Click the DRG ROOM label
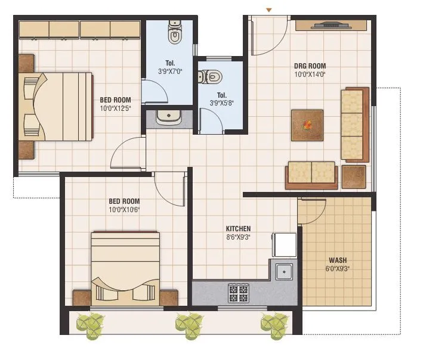pyautogui.click(x=310, y=66)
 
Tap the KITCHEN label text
pyautogui.click(x=238, y=228)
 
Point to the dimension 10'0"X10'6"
pyautogui.click(x=125, y=210)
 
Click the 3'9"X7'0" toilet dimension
pyautogui.click(x=169, y=72)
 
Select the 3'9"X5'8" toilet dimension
pyautogui.click(x=221, y=103)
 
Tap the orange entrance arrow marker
pyautogui.click(x=268, y=10)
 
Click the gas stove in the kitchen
pyautogui.click(x=239, y=293)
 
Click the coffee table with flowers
pyautogui.click(x=307, y=125)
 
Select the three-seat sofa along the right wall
pyautogui.click(x=354, y=124)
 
